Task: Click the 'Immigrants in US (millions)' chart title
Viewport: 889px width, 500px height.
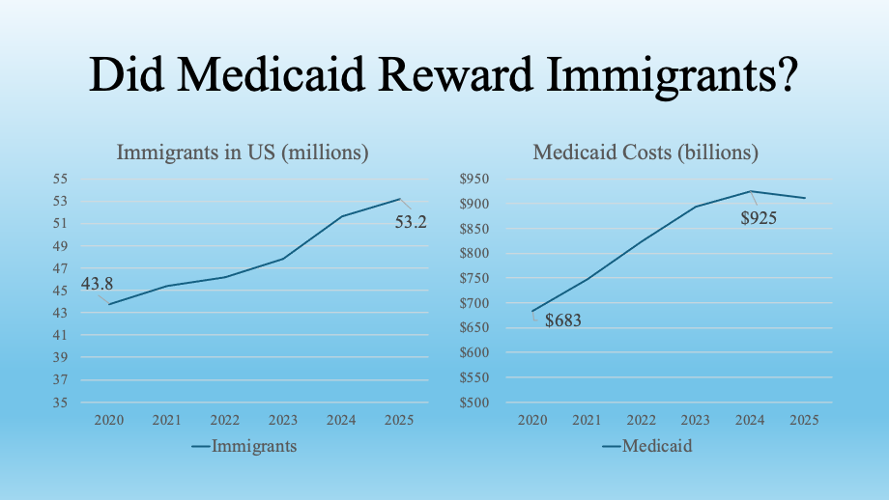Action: [243, 153]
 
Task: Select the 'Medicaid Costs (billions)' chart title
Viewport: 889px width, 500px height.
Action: [645, 153]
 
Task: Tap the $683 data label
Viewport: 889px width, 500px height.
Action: [563, 320]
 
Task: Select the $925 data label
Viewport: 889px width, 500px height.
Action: [759, 218]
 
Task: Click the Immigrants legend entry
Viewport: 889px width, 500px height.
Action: [253, 446]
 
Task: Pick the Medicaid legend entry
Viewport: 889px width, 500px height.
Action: [656, 446]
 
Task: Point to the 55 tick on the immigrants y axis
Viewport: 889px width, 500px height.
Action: [60, 179]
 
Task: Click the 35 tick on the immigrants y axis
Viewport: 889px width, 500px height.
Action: [60, 403]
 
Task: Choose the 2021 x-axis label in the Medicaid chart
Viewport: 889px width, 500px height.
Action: [587, 420]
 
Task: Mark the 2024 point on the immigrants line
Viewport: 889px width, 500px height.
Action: [342, 216]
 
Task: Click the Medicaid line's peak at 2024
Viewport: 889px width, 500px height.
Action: [750, 191]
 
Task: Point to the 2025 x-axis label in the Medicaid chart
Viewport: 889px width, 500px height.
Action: [804, 420]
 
